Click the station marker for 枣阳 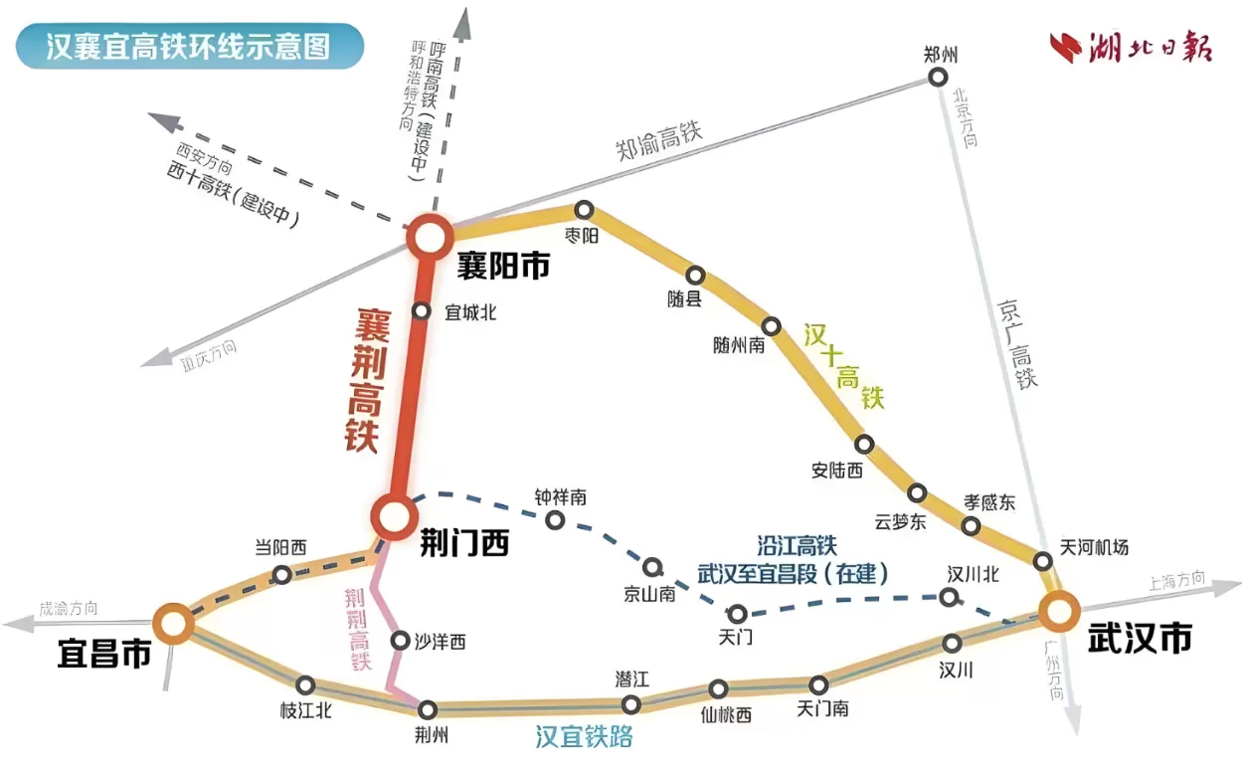coord(584,210)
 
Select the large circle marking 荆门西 coord(394,516)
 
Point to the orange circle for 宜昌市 coord(173,624)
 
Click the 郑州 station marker coord(937,78)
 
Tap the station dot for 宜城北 coord(421,310)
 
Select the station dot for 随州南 coord(771,325)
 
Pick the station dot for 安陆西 coord(864,444)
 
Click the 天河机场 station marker coord(1042,560)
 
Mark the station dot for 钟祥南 coord(555,520)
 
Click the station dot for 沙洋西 coord(400,640)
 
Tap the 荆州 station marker coord(428,709)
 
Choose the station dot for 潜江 coord(630,704)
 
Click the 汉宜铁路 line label coord(584,737)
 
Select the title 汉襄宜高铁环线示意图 coord(189,46)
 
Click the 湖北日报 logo coord(1132,47)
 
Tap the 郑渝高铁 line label coord(658,140)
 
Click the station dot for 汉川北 coord(950,597)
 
